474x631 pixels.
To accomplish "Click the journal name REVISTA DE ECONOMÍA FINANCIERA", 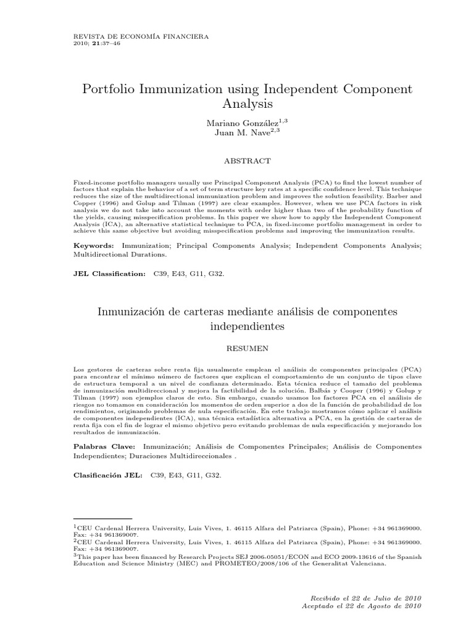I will [141, 36].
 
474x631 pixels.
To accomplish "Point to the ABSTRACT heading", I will [247, 160].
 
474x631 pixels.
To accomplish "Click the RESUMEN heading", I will [247, 348].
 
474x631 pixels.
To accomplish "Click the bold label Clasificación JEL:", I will [107, 476].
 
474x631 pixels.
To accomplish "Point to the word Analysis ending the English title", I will [247, 104].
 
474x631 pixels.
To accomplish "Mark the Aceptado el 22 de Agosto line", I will [360, 606].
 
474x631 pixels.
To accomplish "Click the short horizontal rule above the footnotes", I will [103, 519].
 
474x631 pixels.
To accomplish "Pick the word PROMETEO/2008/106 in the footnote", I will [226, 562].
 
